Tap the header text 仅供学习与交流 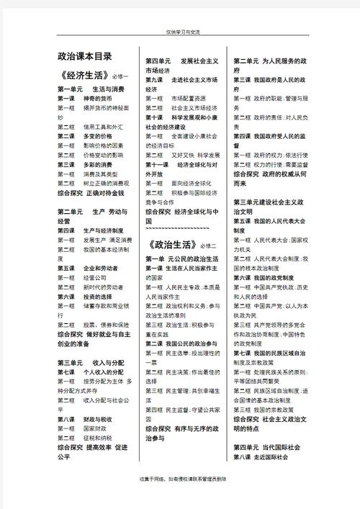(x=179, y=32)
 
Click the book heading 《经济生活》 (x=84, y=76)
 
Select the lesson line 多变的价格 (x=80, y=135)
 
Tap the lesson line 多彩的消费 (x=80, y=164)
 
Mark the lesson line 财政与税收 (x=80, y=418)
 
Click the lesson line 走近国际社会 (x=260, y=457)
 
